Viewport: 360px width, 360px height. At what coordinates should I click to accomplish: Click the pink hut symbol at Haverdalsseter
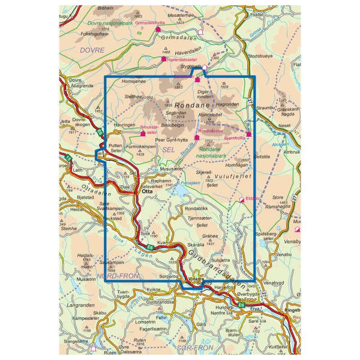163,59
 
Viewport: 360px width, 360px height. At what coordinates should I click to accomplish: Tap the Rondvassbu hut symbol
197,137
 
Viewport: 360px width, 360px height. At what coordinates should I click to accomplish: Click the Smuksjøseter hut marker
142,133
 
